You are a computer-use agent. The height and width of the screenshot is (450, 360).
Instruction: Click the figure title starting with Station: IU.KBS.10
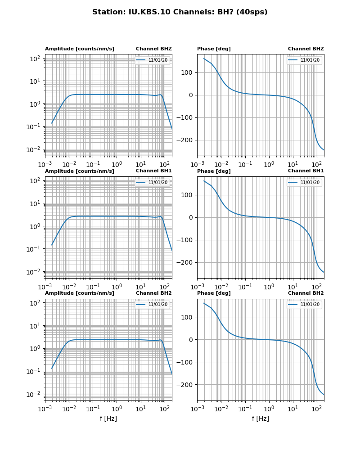coord(180,12)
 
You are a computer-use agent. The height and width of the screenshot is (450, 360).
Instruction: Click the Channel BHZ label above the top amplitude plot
coord(153,49)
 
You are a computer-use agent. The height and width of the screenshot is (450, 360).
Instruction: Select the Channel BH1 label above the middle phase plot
coord(306,171)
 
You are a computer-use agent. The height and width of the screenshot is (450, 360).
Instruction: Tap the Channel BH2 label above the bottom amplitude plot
coord(153,293)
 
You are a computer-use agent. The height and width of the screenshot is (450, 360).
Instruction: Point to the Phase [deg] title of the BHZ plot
coord(214,49)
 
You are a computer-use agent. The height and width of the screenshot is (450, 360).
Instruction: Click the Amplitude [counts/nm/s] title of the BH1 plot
coord(79,171)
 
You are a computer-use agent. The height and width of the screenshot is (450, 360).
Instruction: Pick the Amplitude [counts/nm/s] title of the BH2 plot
coord(79,293)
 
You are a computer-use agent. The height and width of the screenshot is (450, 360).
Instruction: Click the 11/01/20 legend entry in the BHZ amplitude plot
coord(157,60)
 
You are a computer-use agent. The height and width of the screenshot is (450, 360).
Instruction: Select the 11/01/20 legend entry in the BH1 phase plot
coord(310,182)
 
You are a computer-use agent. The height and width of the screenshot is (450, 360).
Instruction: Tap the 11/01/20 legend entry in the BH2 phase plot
coord(310,305)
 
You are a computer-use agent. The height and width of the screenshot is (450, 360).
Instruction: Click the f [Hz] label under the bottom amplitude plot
coord(108,418)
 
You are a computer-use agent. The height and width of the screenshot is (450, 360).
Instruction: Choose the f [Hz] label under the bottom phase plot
coord(261,418)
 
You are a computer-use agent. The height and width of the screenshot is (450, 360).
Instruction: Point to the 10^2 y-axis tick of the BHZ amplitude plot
coord(36,58)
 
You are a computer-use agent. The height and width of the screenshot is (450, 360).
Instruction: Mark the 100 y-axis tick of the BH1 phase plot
coord(188,195)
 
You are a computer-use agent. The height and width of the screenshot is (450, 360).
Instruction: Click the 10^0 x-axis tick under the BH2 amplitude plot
coord(117,409)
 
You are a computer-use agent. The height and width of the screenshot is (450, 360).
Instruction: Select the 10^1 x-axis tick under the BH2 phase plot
coord(293,409)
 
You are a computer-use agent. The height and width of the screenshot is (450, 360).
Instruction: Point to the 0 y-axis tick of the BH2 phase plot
coord(191,340)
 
